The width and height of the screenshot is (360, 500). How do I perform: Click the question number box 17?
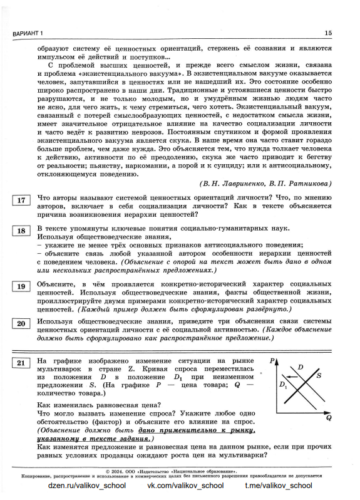[21, 201]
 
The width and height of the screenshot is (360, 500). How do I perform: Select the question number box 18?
[21, 231]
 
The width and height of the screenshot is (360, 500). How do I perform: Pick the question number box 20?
[21, 324]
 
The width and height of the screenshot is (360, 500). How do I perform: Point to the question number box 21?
[21, 363]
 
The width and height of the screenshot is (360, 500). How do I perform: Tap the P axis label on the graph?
[274, 362]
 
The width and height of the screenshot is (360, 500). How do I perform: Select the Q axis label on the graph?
[329, 417]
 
